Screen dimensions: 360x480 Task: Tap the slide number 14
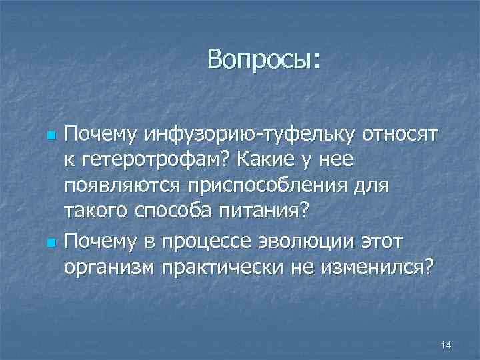coord(446,344)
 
